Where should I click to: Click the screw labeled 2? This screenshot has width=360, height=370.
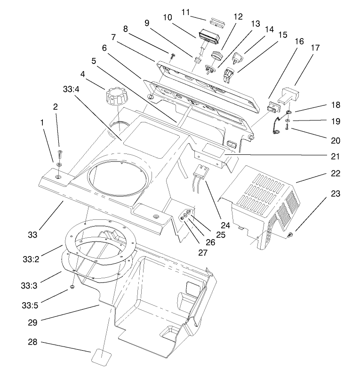coord(60,153)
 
